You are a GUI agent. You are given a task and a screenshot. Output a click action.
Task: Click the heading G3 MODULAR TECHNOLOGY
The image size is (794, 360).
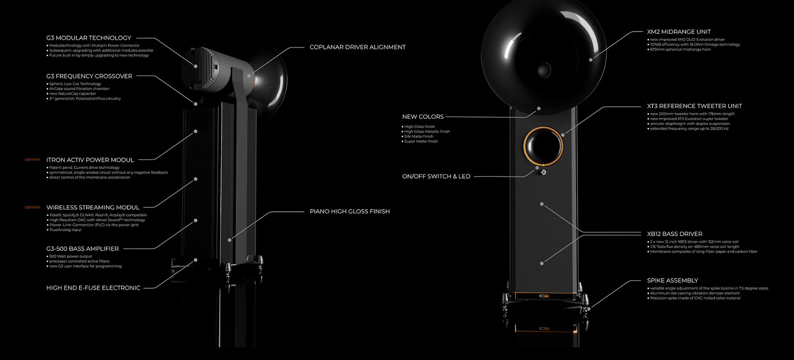88,38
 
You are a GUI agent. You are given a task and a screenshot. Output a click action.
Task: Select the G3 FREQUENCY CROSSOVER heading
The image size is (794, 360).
89,76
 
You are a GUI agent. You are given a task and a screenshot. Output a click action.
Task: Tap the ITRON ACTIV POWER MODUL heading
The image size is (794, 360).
90,160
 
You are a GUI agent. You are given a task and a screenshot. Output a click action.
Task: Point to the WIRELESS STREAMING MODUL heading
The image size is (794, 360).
93,208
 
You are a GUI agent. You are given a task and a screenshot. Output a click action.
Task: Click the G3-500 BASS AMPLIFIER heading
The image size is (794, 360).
82,249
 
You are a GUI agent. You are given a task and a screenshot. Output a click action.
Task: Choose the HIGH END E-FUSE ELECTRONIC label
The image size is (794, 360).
93,288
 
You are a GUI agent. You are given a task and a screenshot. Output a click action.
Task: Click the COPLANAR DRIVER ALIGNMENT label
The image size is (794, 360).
358,47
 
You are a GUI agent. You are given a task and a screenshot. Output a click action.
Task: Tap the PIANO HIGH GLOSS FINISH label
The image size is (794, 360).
350,212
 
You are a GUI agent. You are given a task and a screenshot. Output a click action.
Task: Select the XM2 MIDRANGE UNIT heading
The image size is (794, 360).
679,32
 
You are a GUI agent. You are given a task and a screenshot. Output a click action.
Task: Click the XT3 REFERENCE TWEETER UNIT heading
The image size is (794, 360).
694,106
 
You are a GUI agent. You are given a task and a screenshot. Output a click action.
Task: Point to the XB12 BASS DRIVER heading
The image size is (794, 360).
674,234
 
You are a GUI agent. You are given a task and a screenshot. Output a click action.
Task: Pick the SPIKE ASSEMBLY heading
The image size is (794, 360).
673,281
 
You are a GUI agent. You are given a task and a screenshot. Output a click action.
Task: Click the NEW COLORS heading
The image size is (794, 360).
423,117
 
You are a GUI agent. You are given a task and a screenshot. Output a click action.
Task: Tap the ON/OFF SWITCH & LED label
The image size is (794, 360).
436,177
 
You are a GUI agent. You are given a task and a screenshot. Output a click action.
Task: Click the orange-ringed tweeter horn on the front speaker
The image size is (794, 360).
543,146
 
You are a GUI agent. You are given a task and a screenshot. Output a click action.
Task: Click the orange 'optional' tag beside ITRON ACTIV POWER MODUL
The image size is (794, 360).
32,160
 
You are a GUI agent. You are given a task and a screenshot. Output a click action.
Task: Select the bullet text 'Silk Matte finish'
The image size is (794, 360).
418,137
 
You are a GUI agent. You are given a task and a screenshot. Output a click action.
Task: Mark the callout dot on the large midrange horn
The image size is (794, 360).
591,60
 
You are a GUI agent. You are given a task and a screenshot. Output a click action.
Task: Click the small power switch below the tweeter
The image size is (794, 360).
543,172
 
